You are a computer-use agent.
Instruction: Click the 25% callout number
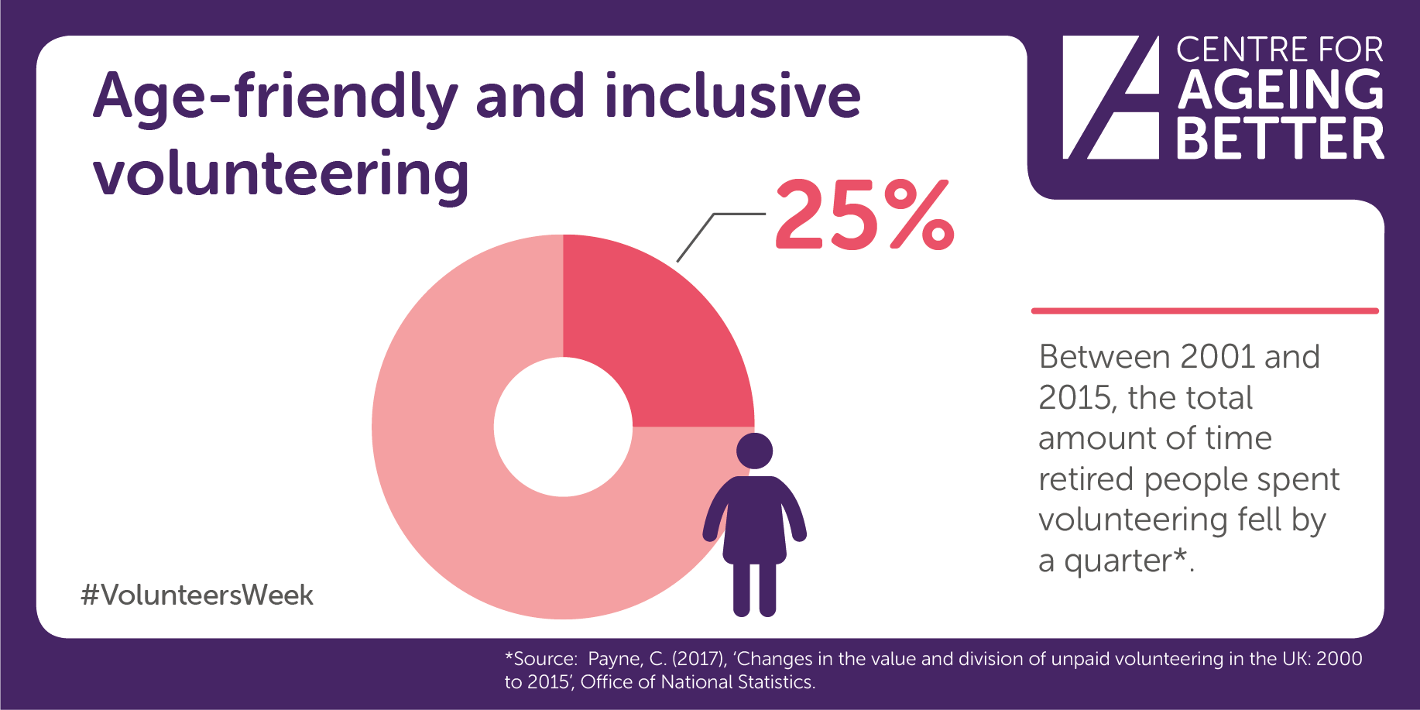[865, 214]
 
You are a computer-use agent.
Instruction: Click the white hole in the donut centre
[563, 427]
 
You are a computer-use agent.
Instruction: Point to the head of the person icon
[754, 451]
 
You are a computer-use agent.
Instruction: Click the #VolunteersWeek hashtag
[197, 595]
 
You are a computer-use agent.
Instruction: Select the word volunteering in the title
[281, 175]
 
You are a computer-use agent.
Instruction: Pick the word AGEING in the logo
[1281, 90]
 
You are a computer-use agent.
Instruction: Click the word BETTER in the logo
[1281, 139]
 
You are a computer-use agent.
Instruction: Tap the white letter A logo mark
[1111, 98]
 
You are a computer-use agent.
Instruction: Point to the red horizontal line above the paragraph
[1205, 311]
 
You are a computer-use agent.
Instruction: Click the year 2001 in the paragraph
[1218, 357]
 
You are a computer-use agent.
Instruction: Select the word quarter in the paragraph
[1118, 561]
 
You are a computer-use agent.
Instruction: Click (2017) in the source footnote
[699, 659]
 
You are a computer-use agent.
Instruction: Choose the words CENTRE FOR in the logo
[1280, 50]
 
